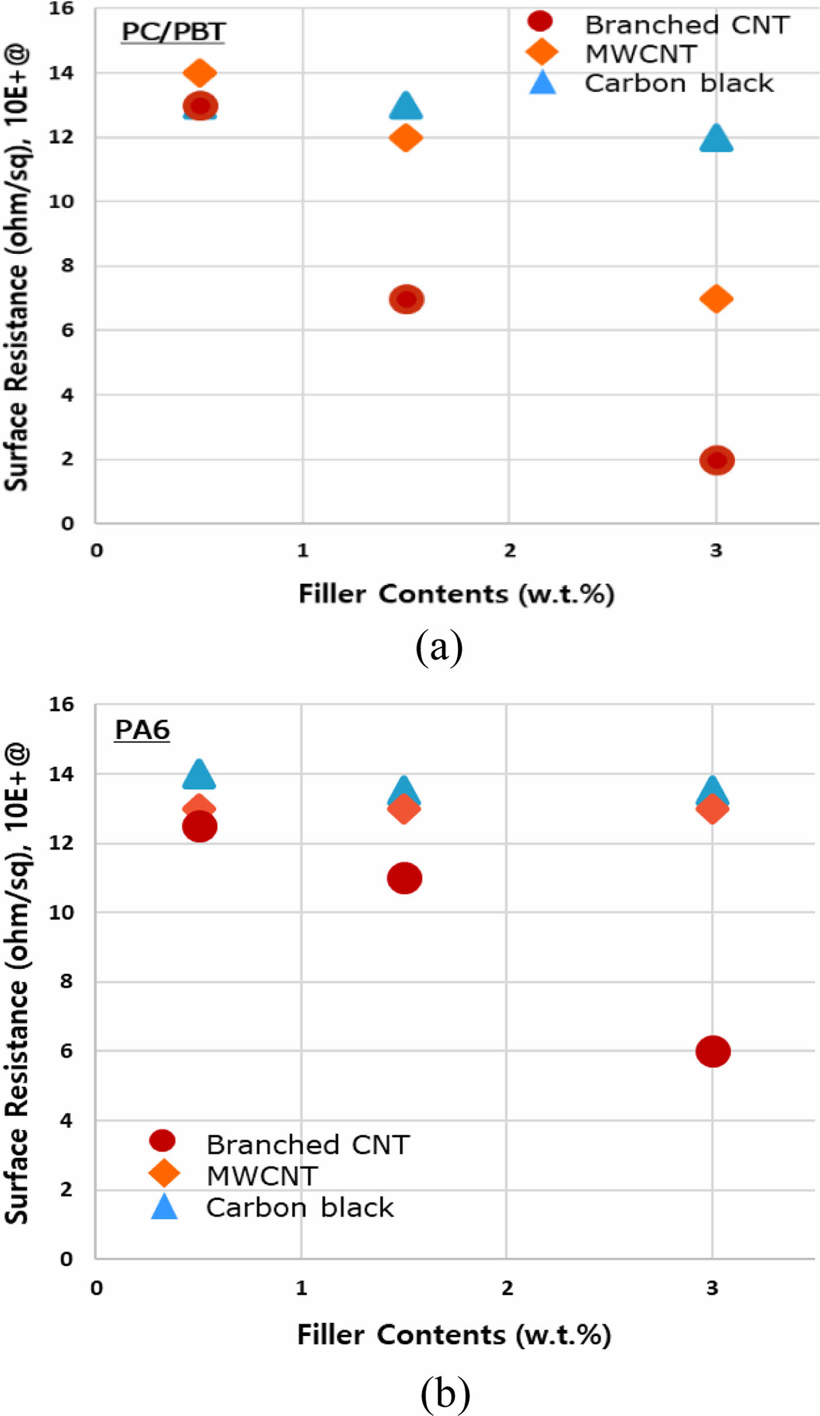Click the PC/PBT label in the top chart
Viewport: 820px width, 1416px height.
pos(173,32)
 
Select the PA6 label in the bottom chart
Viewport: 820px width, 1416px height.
pos(142,730)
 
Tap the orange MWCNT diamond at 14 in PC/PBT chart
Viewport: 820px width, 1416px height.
pos(199,73)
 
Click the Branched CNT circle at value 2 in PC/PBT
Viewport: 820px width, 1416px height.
pos(716,460)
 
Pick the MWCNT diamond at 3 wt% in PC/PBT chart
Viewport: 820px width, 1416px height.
pos(716,299)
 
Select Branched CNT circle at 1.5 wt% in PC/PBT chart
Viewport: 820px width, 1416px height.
pos(407,299)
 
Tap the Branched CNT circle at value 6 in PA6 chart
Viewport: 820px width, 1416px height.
pos(713,1051)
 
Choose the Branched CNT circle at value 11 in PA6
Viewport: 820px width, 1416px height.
pos(404,878)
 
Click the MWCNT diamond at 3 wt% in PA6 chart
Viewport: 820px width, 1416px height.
pos(712,809)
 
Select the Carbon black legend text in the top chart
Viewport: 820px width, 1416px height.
pos(679,83)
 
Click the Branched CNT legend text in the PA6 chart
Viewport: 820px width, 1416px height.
pos(308,1145)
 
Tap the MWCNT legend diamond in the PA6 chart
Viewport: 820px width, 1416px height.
pos(164,1173)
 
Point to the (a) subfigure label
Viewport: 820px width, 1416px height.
pos(439,647)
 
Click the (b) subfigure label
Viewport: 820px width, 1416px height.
pos(445,1393)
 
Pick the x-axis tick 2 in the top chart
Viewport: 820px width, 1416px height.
pos(510,551)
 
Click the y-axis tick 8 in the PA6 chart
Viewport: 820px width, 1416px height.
pos(67,981)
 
